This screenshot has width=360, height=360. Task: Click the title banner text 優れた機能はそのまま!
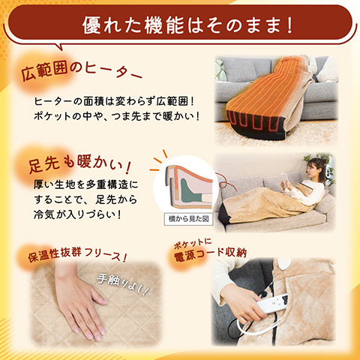(187, 25)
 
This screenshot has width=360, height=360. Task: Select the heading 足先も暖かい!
(79, 163)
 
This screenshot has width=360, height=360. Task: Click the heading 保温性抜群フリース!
(77, 255)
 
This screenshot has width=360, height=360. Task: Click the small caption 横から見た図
(188, 219)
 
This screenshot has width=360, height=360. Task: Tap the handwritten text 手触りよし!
(123, 284)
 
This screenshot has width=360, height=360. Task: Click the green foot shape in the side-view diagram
(190, 192)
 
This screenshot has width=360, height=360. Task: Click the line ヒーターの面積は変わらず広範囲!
(114, 101)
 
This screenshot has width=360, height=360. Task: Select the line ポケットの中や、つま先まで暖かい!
(117, 116)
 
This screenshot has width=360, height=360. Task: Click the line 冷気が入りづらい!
(77, 215)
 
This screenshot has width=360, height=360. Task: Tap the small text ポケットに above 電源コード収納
(193, 243)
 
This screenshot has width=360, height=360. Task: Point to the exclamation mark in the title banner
(289, 25)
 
